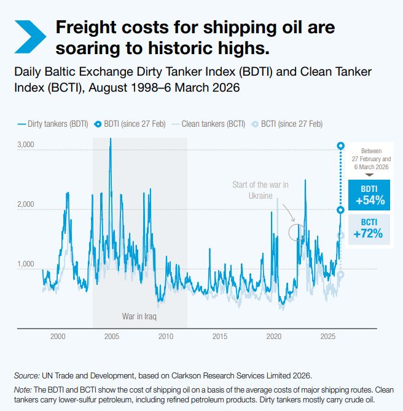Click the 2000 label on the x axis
[x=58, y=337]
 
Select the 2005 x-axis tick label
[x=112, y=337]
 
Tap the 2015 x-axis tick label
[x=220, y=337]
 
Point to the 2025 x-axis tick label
[x=328, y=337]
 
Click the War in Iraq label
[x=140, y=317]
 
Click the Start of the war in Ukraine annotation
[x=260, y=190]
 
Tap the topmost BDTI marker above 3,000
[x=341, y=146]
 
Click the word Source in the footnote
[x=26, y=375]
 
